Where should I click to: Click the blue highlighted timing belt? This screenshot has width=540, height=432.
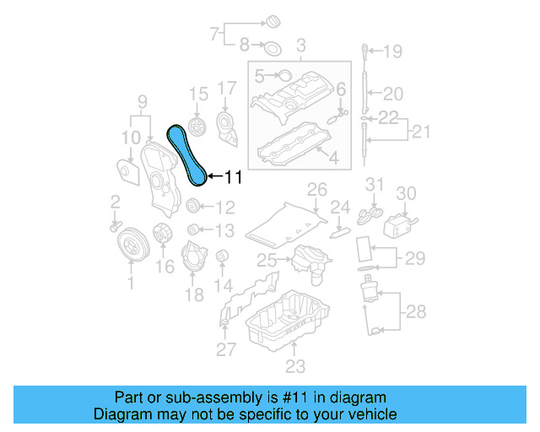point(187,153)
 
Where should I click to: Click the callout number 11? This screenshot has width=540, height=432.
point(232,177)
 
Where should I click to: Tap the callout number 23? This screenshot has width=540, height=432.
point(295,367)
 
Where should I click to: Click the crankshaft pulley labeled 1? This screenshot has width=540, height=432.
point(131,244)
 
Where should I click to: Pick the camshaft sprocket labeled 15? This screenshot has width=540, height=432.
point(197,129)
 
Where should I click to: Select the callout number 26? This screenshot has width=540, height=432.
point(316,188)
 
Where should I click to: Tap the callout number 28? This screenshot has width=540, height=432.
point(415,313)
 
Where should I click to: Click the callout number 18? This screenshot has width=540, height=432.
point(195,295)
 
